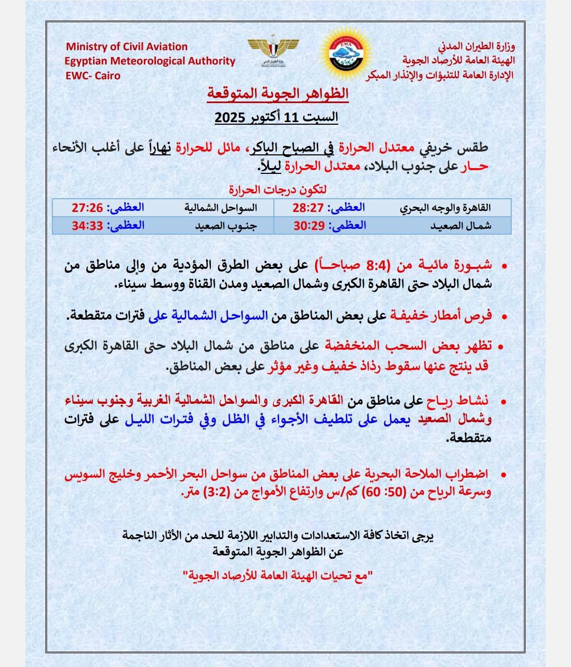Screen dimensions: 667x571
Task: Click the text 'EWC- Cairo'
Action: pos(93,76)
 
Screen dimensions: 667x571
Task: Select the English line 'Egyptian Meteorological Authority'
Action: pos(150,61)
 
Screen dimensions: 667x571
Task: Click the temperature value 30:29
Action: pos(309,226)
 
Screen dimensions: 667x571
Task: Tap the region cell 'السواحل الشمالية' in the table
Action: pos(220,208)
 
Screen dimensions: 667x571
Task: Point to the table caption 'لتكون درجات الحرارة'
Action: pos(281,189)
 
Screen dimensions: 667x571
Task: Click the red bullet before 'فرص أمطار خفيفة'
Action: pos(503,317)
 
